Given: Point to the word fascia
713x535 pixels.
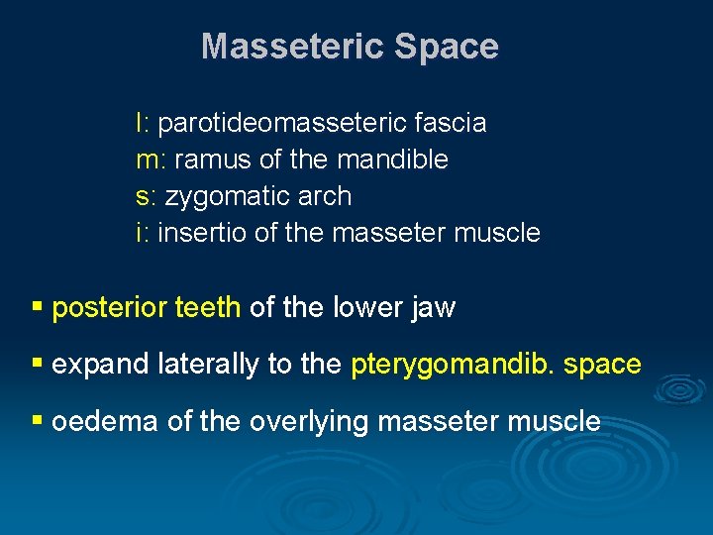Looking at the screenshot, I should point(451,123).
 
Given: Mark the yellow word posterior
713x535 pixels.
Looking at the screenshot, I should point(110,308).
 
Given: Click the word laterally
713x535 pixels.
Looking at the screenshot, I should point(208,365).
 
